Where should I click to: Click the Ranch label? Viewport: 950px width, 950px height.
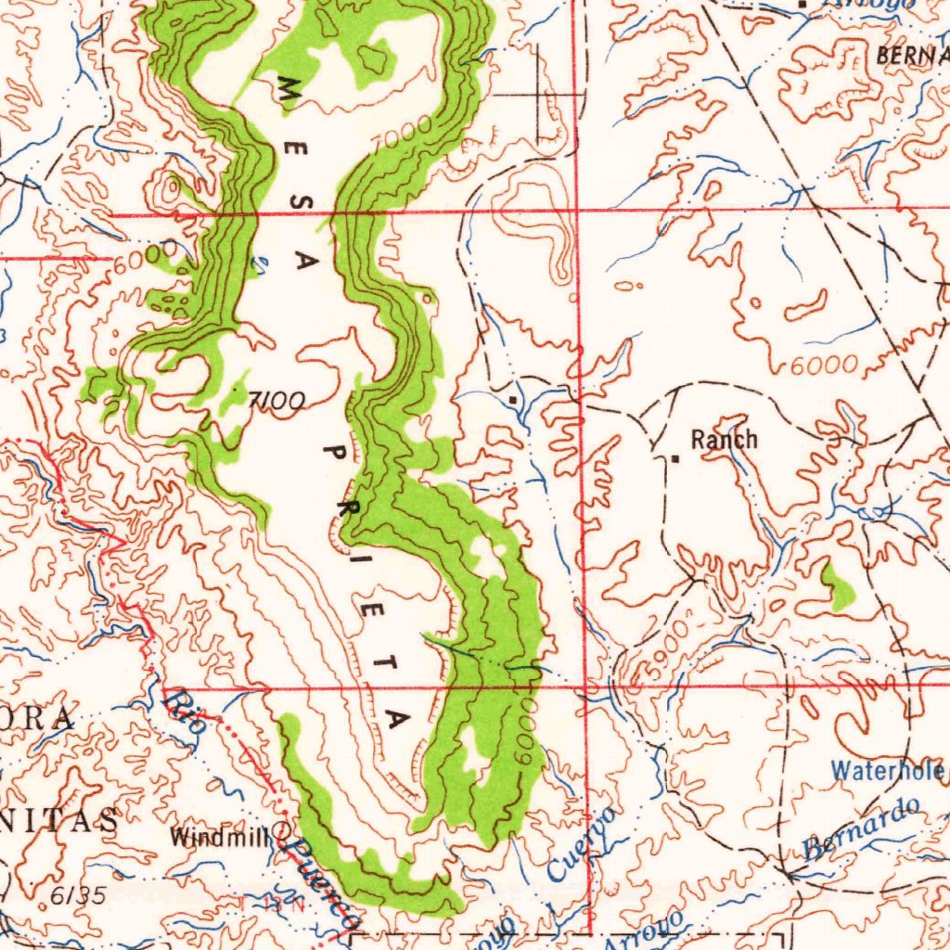tap(725, 440)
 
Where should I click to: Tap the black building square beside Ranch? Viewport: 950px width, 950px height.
tap(676, 458)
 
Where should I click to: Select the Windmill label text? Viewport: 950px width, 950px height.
tap(218, 837)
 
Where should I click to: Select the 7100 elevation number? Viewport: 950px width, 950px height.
tap(276, 401)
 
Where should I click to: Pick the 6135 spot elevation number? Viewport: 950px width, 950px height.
tap(79, 895)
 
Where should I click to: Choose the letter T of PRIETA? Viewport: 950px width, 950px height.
tap(390, 663)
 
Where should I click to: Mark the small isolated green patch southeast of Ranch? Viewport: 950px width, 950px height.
tap(840, 586)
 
